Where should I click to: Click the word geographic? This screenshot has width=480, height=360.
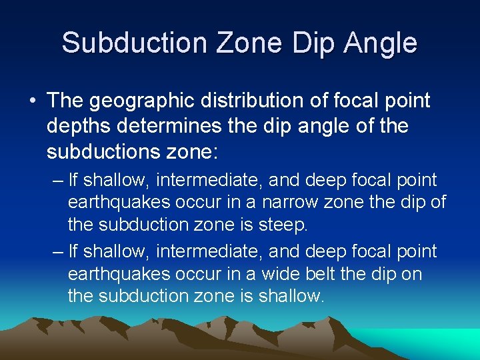pyautogui.click(x=140, y=101)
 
